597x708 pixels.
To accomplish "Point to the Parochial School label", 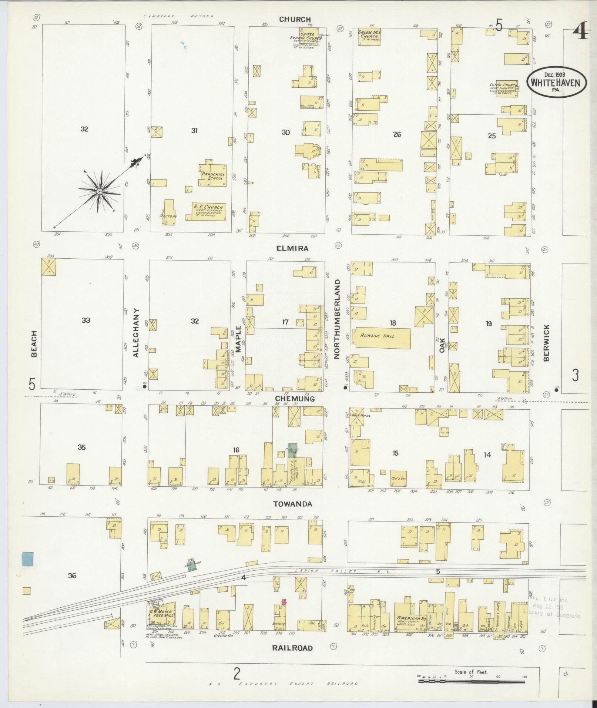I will pos(212,176).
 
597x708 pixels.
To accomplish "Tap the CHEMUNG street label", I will pos(295,399).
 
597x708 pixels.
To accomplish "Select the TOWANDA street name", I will pos(293,504).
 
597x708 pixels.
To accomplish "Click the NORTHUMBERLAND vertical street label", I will pos(337,319).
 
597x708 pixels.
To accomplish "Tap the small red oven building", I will pos(284,601).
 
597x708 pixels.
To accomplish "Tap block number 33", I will pos(86,320).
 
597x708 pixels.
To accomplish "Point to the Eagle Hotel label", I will pos(364,415).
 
